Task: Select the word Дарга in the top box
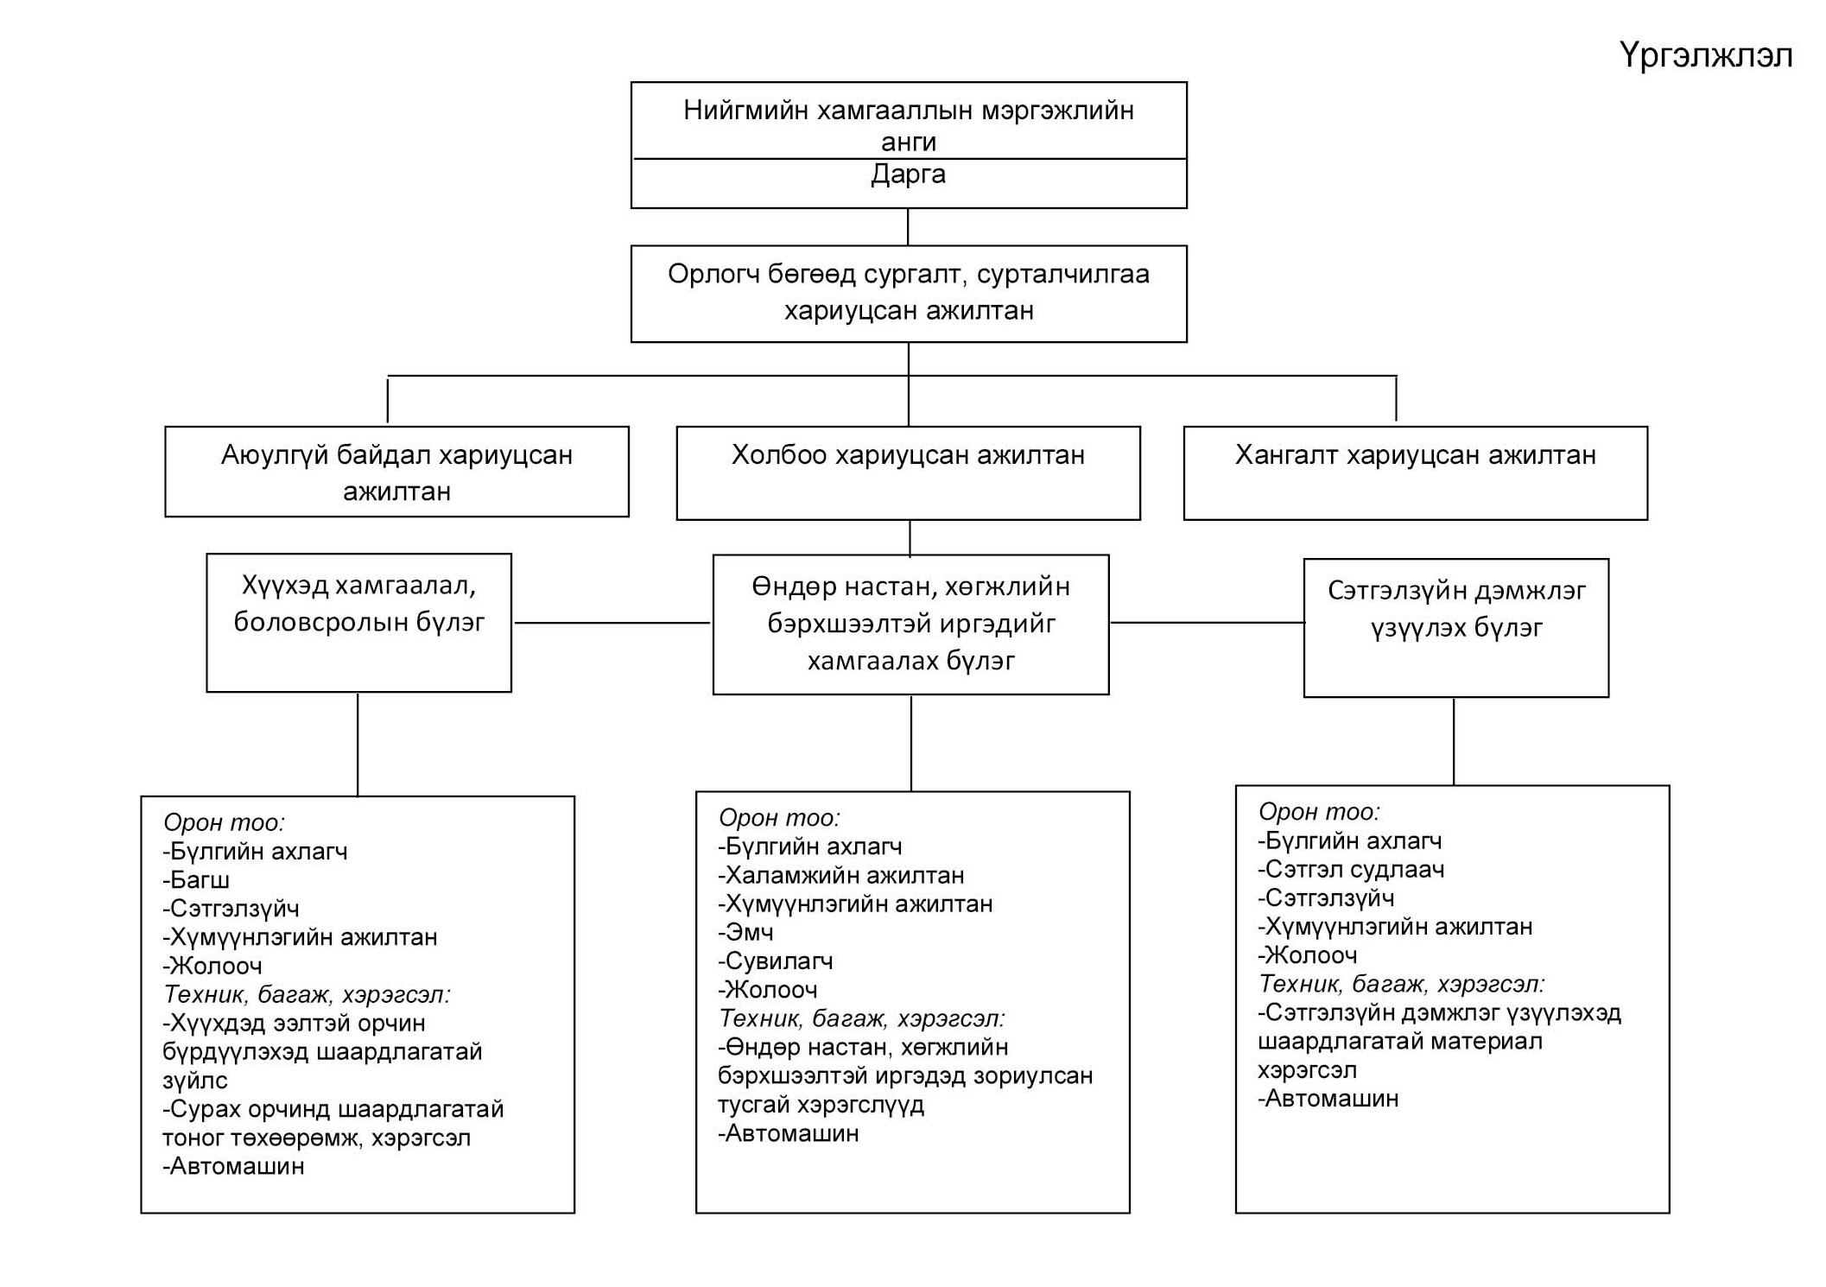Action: tap(908, 174)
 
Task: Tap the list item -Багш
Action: tap(196, 880)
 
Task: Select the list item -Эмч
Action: tap(745, 932)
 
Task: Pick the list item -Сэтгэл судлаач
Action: tap(1351, 869)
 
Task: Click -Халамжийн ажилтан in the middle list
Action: tap(840, 875)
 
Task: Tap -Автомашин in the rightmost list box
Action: tap(1328, 1099)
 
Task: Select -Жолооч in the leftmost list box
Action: tap(212, 966)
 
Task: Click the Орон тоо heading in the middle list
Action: tap(779, 817)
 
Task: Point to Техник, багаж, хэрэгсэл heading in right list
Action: tap(1401, 984)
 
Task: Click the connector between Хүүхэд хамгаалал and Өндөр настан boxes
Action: tap(612, 623)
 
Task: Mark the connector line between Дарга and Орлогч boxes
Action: tap(908, 227)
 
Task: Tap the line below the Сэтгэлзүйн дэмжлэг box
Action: tap(1454, 741)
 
